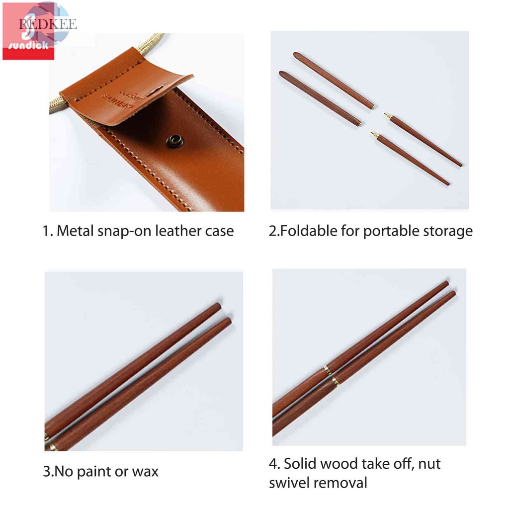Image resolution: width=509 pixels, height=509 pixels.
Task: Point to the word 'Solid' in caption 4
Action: pos(301,464)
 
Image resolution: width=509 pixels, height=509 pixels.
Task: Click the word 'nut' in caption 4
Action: pos(429,464)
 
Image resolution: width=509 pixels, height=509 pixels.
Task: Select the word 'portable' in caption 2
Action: pos(390,231)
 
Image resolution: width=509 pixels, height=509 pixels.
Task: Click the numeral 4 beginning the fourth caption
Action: pos(273,464)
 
